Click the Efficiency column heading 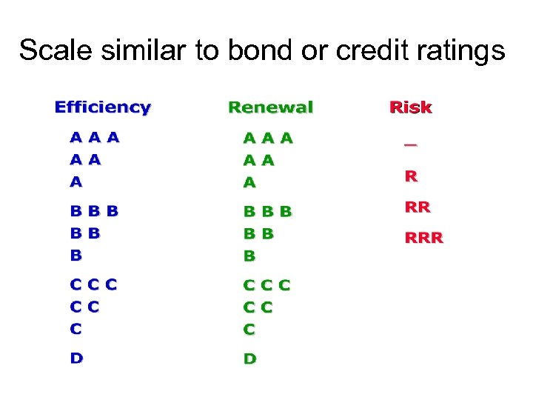102,107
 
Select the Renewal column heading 270,107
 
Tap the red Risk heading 410,107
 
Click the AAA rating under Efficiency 95,137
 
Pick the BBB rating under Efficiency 94,211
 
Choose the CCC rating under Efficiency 93,284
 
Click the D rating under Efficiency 76,359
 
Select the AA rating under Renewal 259,159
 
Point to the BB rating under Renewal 258,233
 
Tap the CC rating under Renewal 258,307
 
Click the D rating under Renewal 250,359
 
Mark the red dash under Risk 410,144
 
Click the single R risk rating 410,176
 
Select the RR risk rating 417,207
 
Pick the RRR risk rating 423,238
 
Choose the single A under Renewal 249,181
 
